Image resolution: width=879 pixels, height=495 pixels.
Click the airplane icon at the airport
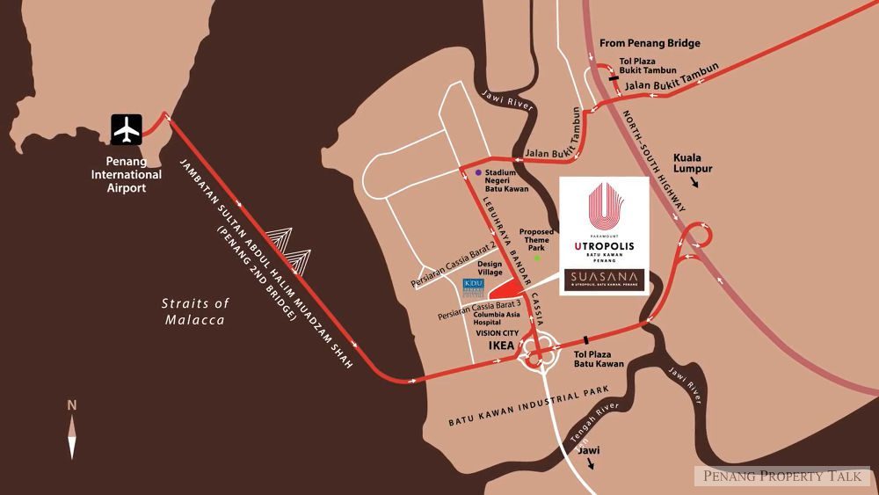[128, 130]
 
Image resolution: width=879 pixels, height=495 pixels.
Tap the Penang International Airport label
[134, 174]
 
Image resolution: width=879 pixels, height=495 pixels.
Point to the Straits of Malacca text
[196, 311]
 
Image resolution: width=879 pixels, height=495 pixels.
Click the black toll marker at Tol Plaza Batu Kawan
[585, 340]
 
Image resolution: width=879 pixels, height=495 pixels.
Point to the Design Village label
[490, 267]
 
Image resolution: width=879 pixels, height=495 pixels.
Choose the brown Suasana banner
[605, 280]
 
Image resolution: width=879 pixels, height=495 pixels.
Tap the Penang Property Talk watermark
[783, 476]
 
